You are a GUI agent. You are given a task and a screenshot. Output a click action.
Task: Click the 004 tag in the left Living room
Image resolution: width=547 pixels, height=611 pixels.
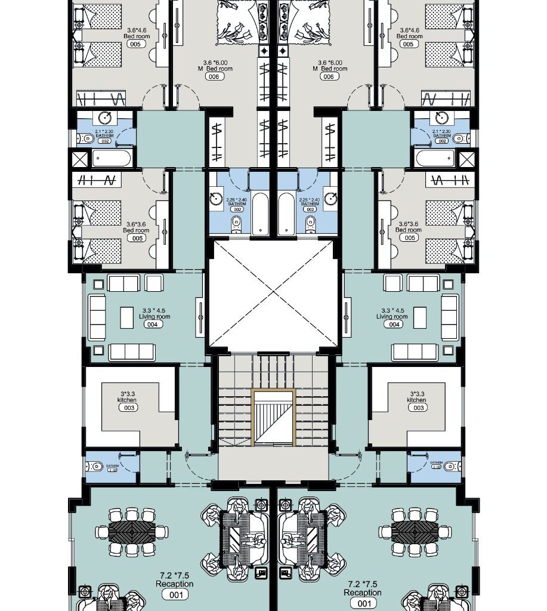(x=152, y=325)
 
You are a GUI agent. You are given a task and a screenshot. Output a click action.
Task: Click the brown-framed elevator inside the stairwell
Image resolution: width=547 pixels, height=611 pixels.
(x=273, y=418)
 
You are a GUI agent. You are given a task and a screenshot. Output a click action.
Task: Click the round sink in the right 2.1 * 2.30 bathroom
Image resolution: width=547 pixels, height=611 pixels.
(x=441, y=118)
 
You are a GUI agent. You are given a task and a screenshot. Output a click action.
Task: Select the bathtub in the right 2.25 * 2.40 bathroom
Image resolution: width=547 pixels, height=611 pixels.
(x=286, y=213)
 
